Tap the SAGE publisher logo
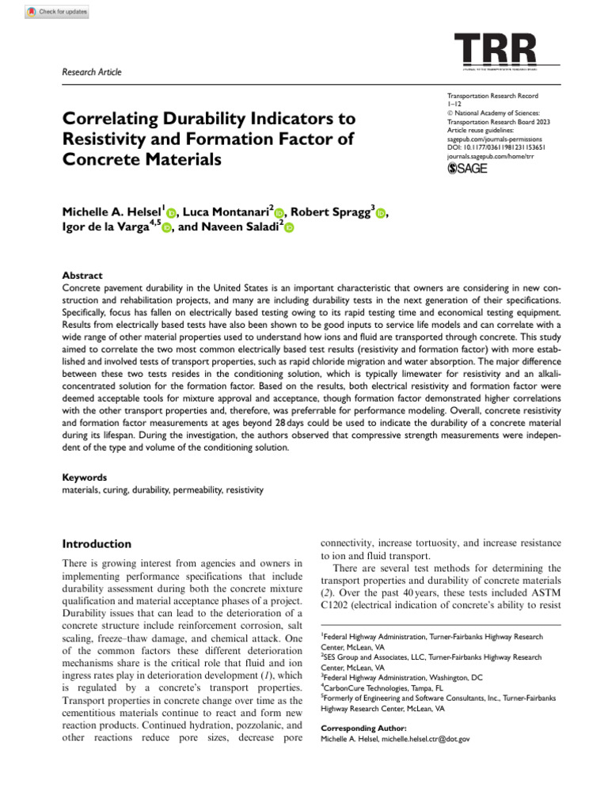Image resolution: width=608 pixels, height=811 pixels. pos(469,168)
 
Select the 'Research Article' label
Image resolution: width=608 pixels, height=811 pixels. pos(92,72)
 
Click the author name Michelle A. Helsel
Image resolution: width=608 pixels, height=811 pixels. pos(111,211)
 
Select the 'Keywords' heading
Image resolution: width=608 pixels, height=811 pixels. pos(84,478)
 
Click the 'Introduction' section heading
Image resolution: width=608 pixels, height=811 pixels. pos(97,544)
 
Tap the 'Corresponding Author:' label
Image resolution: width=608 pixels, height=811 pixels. pos(363,727)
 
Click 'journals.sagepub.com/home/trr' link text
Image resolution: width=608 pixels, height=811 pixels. pos(494,156)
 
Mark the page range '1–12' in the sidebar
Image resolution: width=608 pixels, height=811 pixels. pos(454,103)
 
